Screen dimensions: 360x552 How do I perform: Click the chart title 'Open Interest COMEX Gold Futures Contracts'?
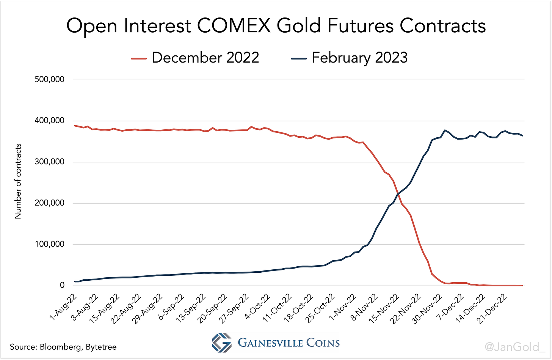[276, 26]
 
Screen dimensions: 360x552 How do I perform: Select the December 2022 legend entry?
[195, 58]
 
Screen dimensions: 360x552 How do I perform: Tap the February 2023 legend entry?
[349, 58]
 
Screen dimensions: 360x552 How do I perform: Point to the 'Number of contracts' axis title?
[18, 181]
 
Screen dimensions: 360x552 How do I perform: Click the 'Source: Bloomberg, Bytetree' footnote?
[63, 347]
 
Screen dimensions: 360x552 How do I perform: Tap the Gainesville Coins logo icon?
[221, 342]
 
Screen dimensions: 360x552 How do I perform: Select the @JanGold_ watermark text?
[524, 347]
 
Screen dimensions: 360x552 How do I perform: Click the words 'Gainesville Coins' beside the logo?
[289, 343]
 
